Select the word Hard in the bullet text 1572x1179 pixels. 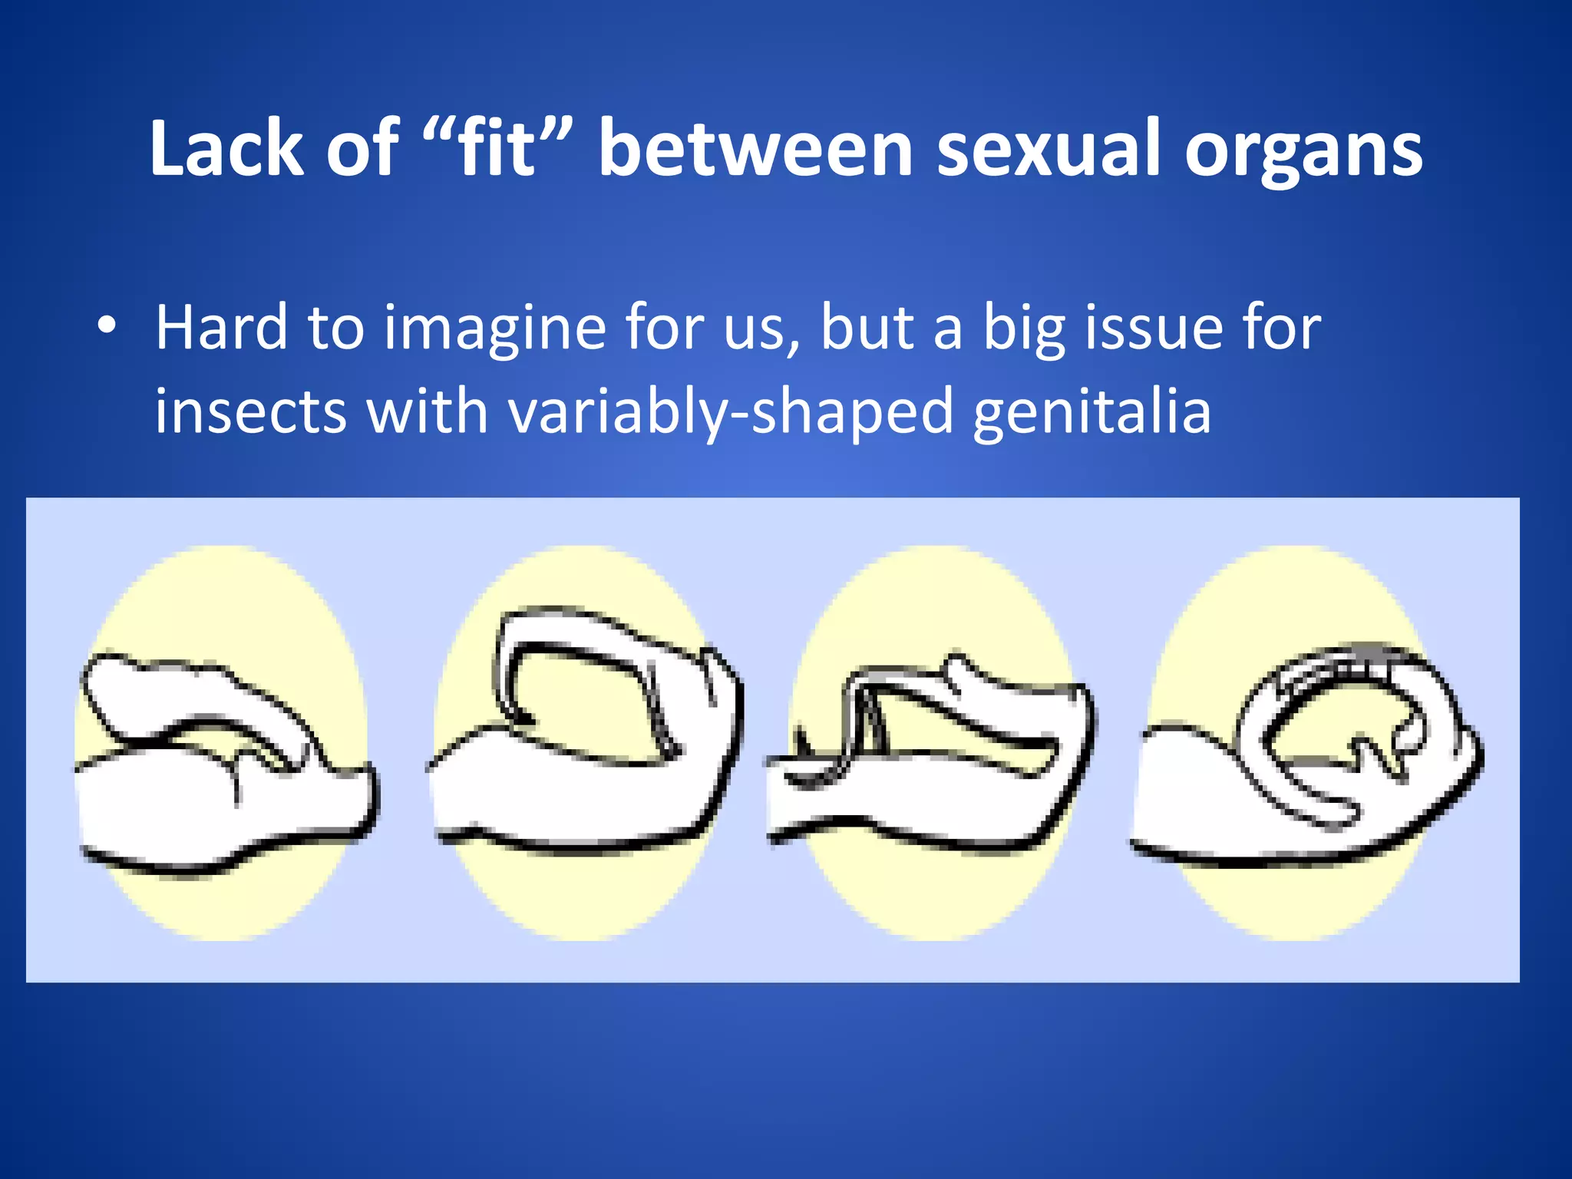(x=221, y=328)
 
